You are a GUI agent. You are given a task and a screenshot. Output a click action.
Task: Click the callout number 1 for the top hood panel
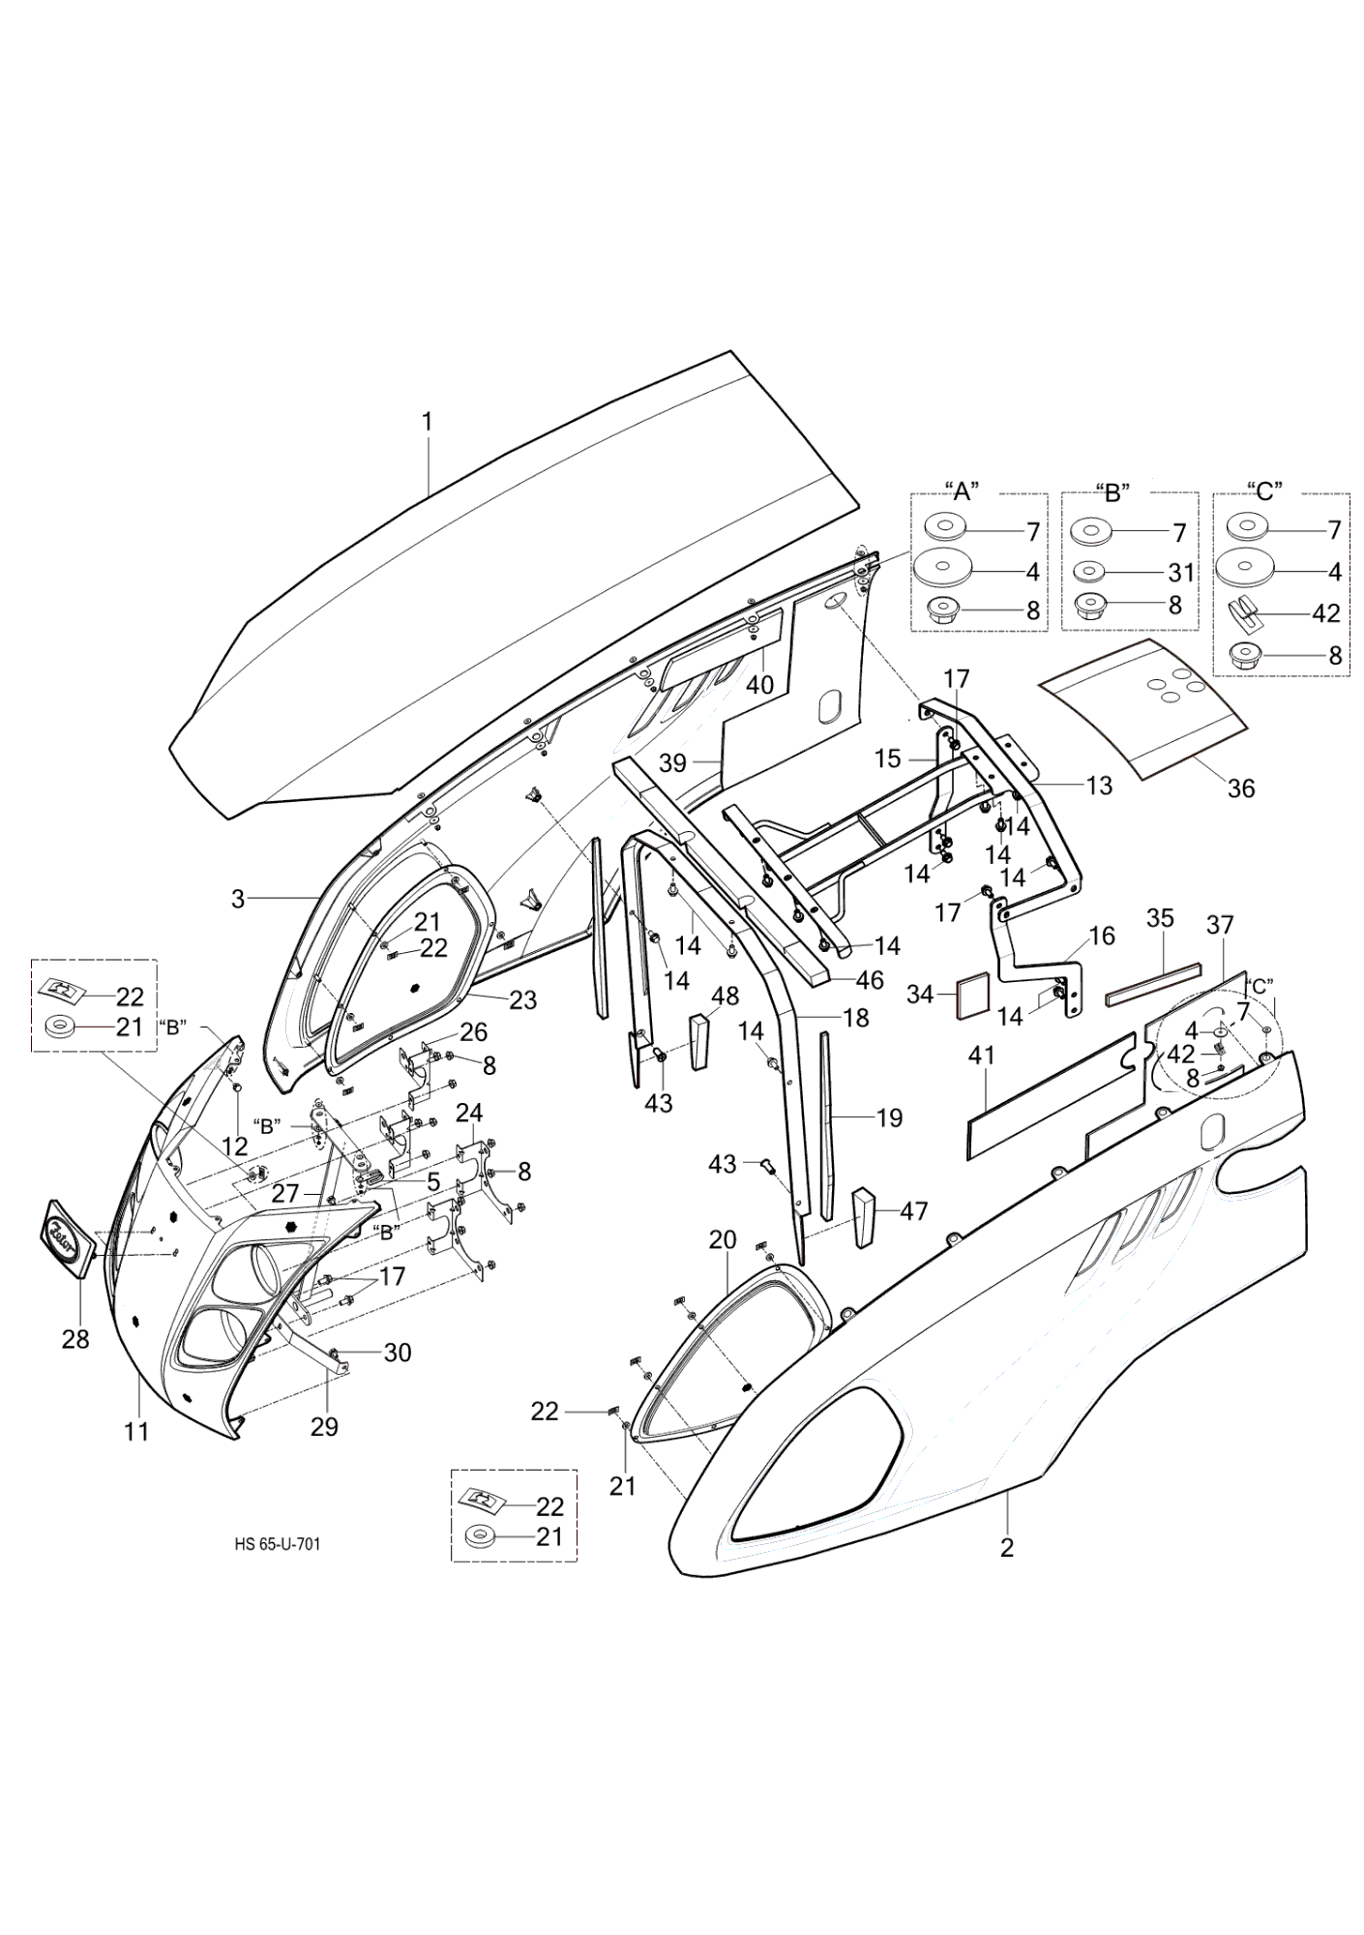tap(427, 422)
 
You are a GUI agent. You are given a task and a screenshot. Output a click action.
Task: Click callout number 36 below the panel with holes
tap(1240, 789)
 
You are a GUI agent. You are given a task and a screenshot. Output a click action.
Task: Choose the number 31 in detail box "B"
tap(1180, 573)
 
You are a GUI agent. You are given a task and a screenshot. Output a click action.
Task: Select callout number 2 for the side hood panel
tap(1007, 1548)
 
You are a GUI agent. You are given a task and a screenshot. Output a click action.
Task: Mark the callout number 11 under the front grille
tap(137, 1431)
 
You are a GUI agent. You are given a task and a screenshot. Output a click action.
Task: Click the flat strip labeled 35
tap(1152, 981)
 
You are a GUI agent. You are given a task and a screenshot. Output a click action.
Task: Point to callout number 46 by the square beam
tap(870, 980)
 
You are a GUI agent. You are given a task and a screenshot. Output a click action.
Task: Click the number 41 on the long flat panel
tap(982, 1056)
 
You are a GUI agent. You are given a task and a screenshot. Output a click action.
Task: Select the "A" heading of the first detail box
tap(962, 491)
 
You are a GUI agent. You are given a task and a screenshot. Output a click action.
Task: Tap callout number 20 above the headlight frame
tap(723, 1239)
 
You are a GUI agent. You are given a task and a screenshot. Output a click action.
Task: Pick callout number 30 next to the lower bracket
tap(398, 1353)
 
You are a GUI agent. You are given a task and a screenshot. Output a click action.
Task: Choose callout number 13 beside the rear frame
tap(1099, 786)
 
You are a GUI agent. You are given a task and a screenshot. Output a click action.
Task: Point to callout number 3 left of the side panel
tap(238, 899)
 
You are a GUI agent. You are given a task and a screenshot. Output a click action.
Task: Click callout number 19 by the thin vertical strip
tap(889, 1118)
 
